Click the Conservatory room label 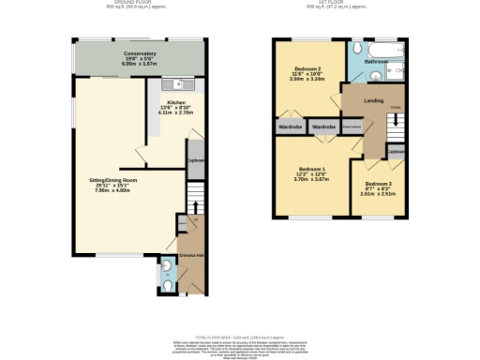140,53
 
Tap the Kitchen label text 176,102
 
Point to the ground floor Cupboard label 195,159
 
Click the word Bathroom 377,61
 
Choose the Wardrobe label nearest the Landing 323,126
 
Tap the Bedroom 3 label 378,183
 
